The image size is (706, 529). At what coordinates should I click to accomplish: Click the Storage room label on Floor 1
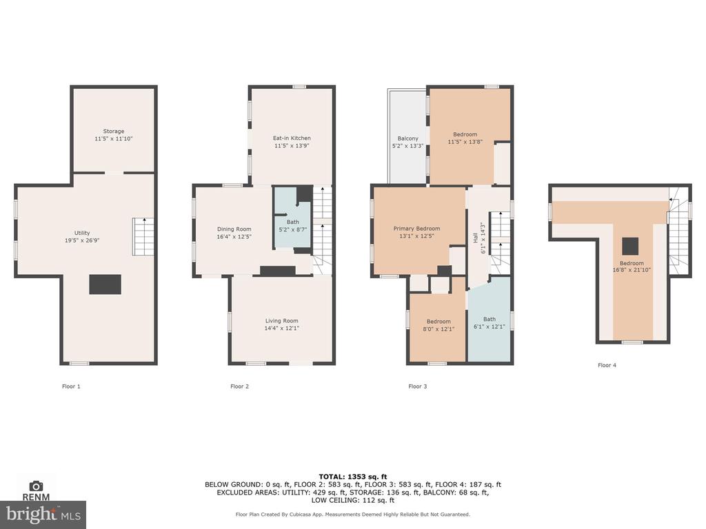(114, 132)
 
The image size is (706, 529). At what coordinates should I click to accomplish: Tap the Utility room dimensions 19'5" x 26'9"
(82, 240)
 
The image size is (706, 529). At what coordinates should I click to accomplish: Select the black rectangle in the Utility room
(105, 284)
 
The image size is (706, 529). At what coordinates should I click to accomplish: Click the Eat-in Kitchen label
(292, 138)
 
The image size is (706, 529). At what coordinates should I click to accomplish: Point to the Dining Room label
(234, 229)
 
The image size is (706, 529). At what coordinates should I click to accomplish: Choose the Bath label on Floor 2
(292, 222)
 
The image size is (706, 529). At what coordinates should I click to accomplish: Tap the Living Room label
(281, 321)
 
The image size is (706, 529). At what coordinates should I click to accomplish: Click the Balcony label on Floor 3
(408, 138)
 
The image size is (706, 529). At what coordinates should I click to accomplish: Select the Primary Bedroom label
(416, 229)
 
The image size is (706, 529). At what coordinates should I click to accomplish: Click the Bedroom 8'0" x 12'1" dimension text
(438, 329)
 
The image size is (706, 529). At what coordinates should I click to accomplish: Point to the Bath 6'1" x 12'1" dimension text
(490, 326)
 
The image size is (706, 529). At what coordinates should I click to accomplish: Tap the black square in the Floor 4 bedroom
(630, 246)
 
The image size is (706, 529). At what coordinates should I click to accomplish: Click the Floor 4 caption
(607, 365)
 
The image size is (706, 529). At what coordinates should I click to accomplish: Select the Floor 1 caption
(71, 386)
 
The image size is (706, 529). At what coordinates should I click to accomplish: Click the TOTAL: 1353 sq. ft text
(353, 477)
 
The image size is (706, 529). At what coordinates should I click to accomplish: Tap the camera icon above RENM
(36, 486)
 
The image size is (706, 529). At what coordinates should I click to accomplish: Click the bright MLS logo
(43, 514)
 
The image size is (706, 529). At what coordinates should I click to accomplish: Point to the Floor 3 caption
(417, 386)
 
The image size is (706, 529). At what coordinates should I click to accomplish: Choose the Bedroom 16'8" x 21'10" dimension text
(632, 270)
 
